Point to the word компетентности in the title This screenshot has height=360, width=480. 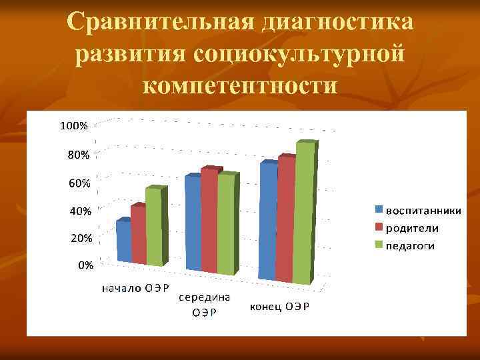pos(240,85)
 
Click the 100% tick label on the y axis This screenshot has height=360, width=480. pos(74,125)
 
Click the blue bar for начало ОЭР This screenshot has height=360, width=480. pos(123,241)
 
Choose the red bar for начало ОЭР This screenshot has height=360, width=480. pos(138,236)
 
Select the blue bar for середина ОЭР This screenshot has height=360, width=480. pos(193,223)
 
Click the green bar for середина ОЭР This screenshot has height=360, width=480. pos(226,225)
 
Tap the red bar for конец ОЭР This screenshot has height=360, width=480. pos(285,220)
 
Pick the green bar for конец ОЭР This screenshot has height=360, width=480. pos(303,213)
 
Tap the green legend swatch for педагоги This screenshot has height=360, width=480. pos(379,246)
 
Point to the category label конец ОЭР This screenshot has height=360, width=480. pos(280,307)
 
